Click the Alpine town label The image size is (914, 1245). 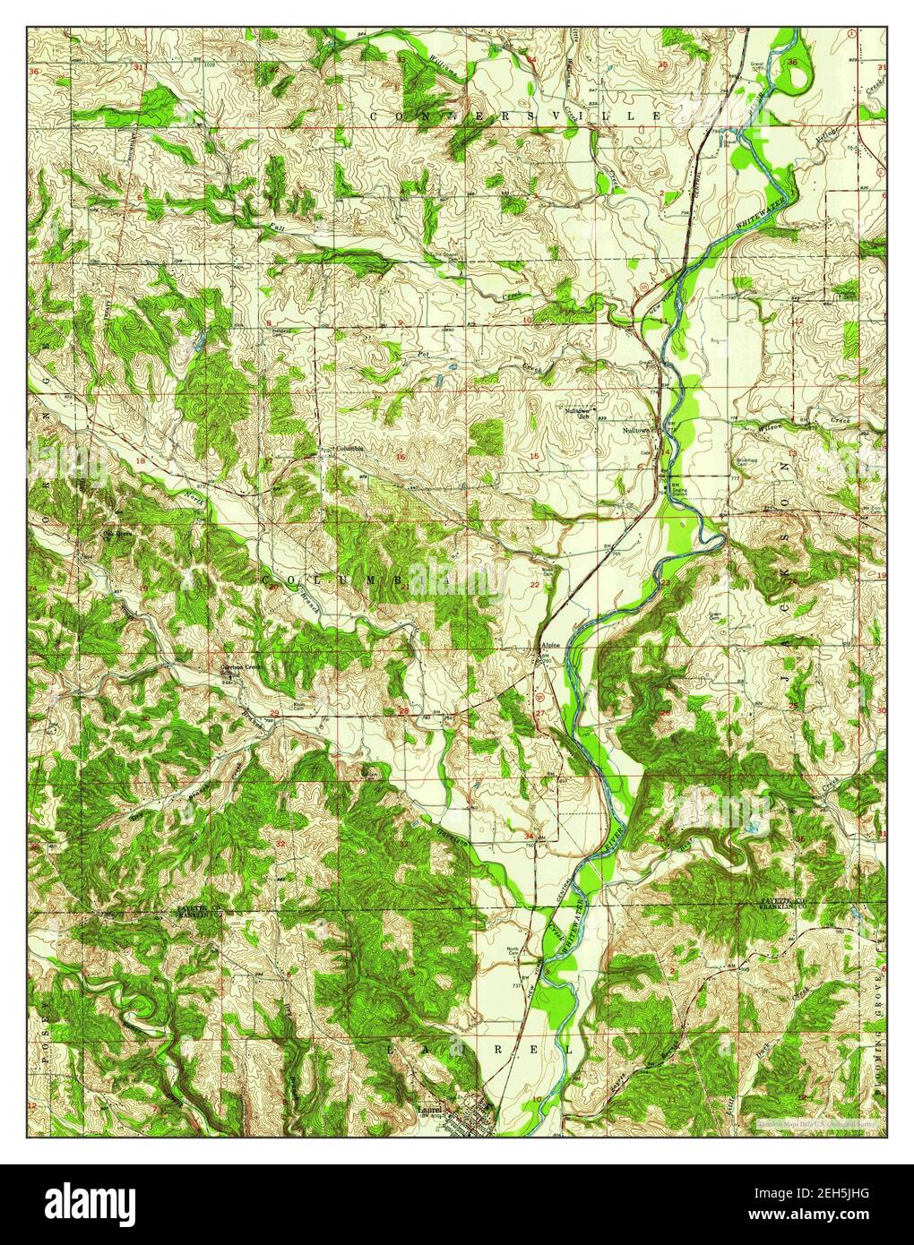tap(548, 646)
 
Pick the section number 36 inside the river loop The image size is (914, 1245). tap(793, 62)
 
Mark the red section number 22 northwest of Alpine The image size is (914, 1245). tap(535, 585)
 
